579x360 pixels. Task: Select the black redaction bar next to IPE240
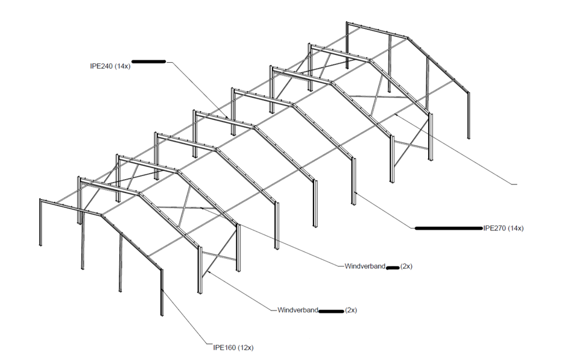[148, 62]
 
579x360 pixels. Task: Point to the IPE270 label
[495, 228]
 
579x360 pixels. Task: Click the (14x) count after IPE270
[516, 228]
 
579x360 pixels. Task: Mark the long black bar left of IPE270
[449, 228]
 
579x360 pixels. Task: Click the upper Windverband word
[365, 266]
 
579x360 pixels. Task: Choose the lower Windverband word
[297, 310]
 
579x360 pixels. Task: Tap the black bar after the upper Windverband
[393, 267]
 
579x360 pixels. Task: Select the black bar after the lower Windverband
[331, 311]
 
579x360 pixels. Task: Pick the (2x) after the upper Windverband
[407, 266]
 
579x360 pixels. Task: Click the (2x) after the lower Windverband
[351, 310]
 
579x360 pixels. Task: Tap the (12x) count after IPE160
[246, 347]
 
